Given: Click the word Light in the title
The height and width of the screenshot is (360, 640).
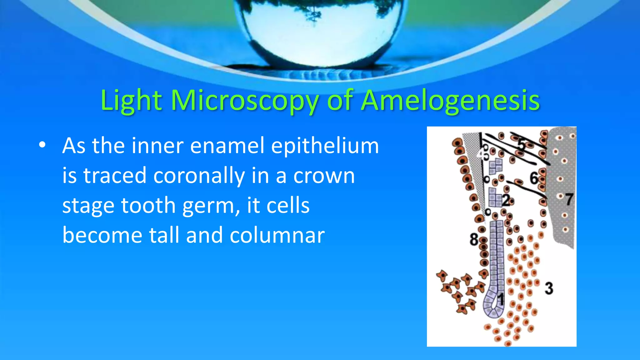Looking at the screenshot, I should click(x=131, y=101).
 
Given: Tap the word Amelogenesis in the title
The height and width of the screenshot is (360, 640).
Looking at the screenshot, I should click(x=450, y=101).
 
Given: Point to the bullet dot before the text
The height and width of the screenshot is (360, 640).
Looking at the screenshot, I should click(x=42, y=145).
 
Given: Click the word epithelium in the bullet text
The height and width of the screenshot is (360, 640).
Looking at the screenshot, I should click(x=325, y=146).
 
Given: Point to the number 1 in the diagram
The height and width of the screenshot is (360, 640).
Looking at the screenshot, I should click(x=501, y=299).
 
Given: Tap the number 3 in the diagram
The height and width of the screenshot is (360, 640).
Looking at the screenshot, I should click(x=549, y=288).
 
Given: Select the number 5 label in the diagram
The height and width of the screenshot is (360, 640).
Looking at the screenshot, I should click(x=522, y=144).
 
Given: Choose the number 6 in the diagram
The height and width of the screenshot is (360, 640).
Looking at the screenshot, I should click(x=534, y=178).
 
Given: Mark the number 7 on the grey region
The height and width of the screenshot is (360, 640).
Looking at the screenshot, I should click(x=569, y=199).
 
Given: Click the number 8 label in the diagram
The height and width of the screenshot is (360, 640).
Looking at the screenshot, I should click(x=474, y=240).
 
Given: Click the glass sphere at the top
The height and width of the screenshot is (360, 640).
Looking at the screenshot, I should click(x=322, y=28).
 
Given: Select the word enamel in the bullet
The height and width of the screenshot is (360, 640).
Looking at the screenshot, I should click(x=227, y=146).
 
